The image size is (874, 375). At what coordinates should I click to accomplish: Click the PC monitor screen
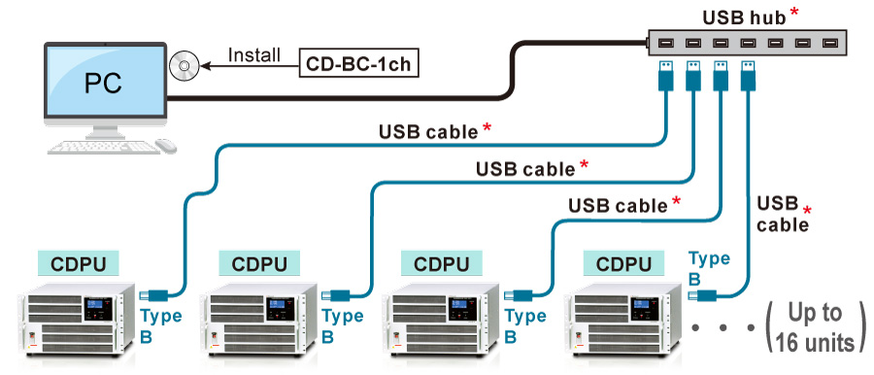coord(102,82)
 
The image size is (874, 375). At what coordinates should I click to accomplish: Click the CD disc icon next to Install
coord(184,65)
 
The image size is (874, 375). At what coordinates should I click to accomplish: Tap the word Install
coord(254,54)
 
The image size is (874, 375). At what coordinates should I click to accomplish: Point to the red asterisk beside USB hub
coord(795,13)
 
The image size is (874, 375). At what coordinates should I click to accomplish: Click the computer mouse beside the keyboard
coord(166,145)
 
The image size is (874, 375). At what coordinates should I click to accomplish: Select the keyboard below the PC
coord(101,147)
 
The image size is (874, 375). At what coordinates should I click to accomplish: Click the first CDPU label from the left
coord(78,263)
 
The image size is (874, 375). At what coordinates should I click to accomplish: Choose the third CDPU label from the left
coord(441,263)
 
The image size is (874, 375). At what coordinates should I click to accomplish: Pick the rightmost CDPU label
coord(623,263)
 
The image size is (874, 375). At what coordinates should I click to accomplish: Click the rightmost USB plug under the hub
coord(748,77)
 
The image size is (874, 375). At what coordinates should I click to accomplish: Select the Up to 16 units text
coord(815,327)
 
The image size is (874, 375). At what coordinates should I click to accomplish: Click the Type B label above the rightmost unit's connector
coord(709,266)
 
